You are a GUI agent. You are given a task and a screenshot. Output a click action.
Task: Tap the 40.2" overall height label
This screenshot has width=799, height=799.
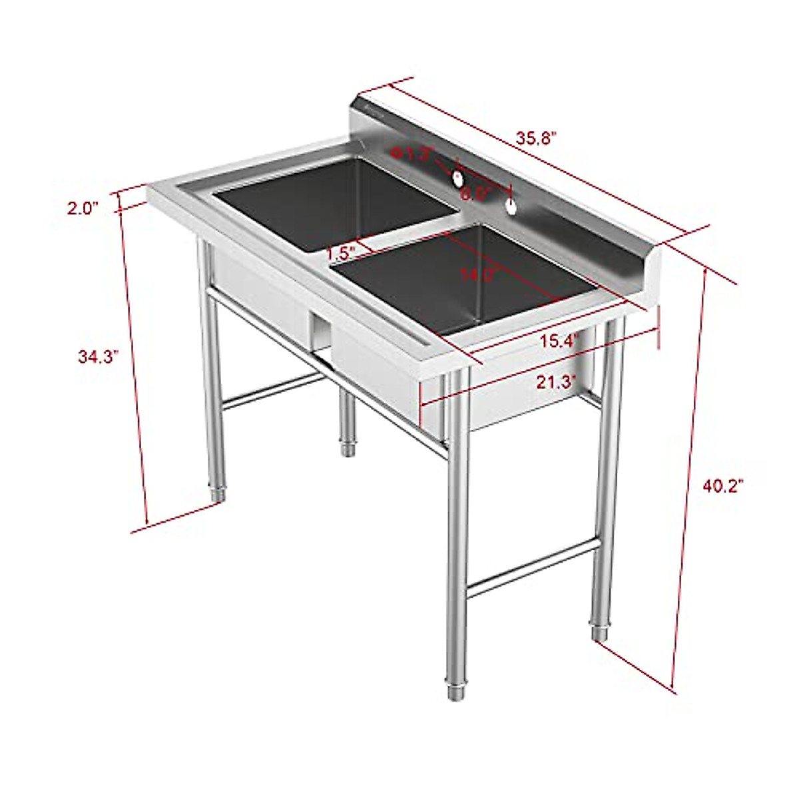coord(722,486)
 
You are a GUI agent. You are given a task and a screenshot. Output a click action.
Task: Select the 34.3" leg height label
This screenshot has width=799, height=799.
coord(98,356)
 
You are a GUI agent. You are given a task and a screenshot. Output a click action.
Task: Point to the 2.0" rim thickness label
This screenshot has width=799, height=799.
coord(83,208)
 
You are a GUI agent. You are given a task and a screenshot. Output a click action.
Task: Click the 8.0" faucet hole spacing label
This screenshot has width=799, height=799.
coord(477,193)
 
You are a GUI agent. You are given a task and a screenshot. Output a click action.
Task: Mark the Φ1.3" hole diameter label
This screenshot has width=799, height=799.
coord(412,154)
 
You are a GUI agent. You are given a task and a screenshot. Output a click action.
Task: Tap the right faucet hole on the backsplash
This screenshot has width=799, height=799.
coord(511,207)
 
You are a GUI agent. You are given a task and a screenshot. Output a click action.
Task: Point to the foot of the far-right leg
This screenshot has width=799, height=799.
coord(600,629)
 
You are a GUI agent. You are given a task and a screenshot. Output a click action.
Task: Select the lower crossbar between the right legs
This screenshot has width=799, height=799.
coord(533,567)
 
